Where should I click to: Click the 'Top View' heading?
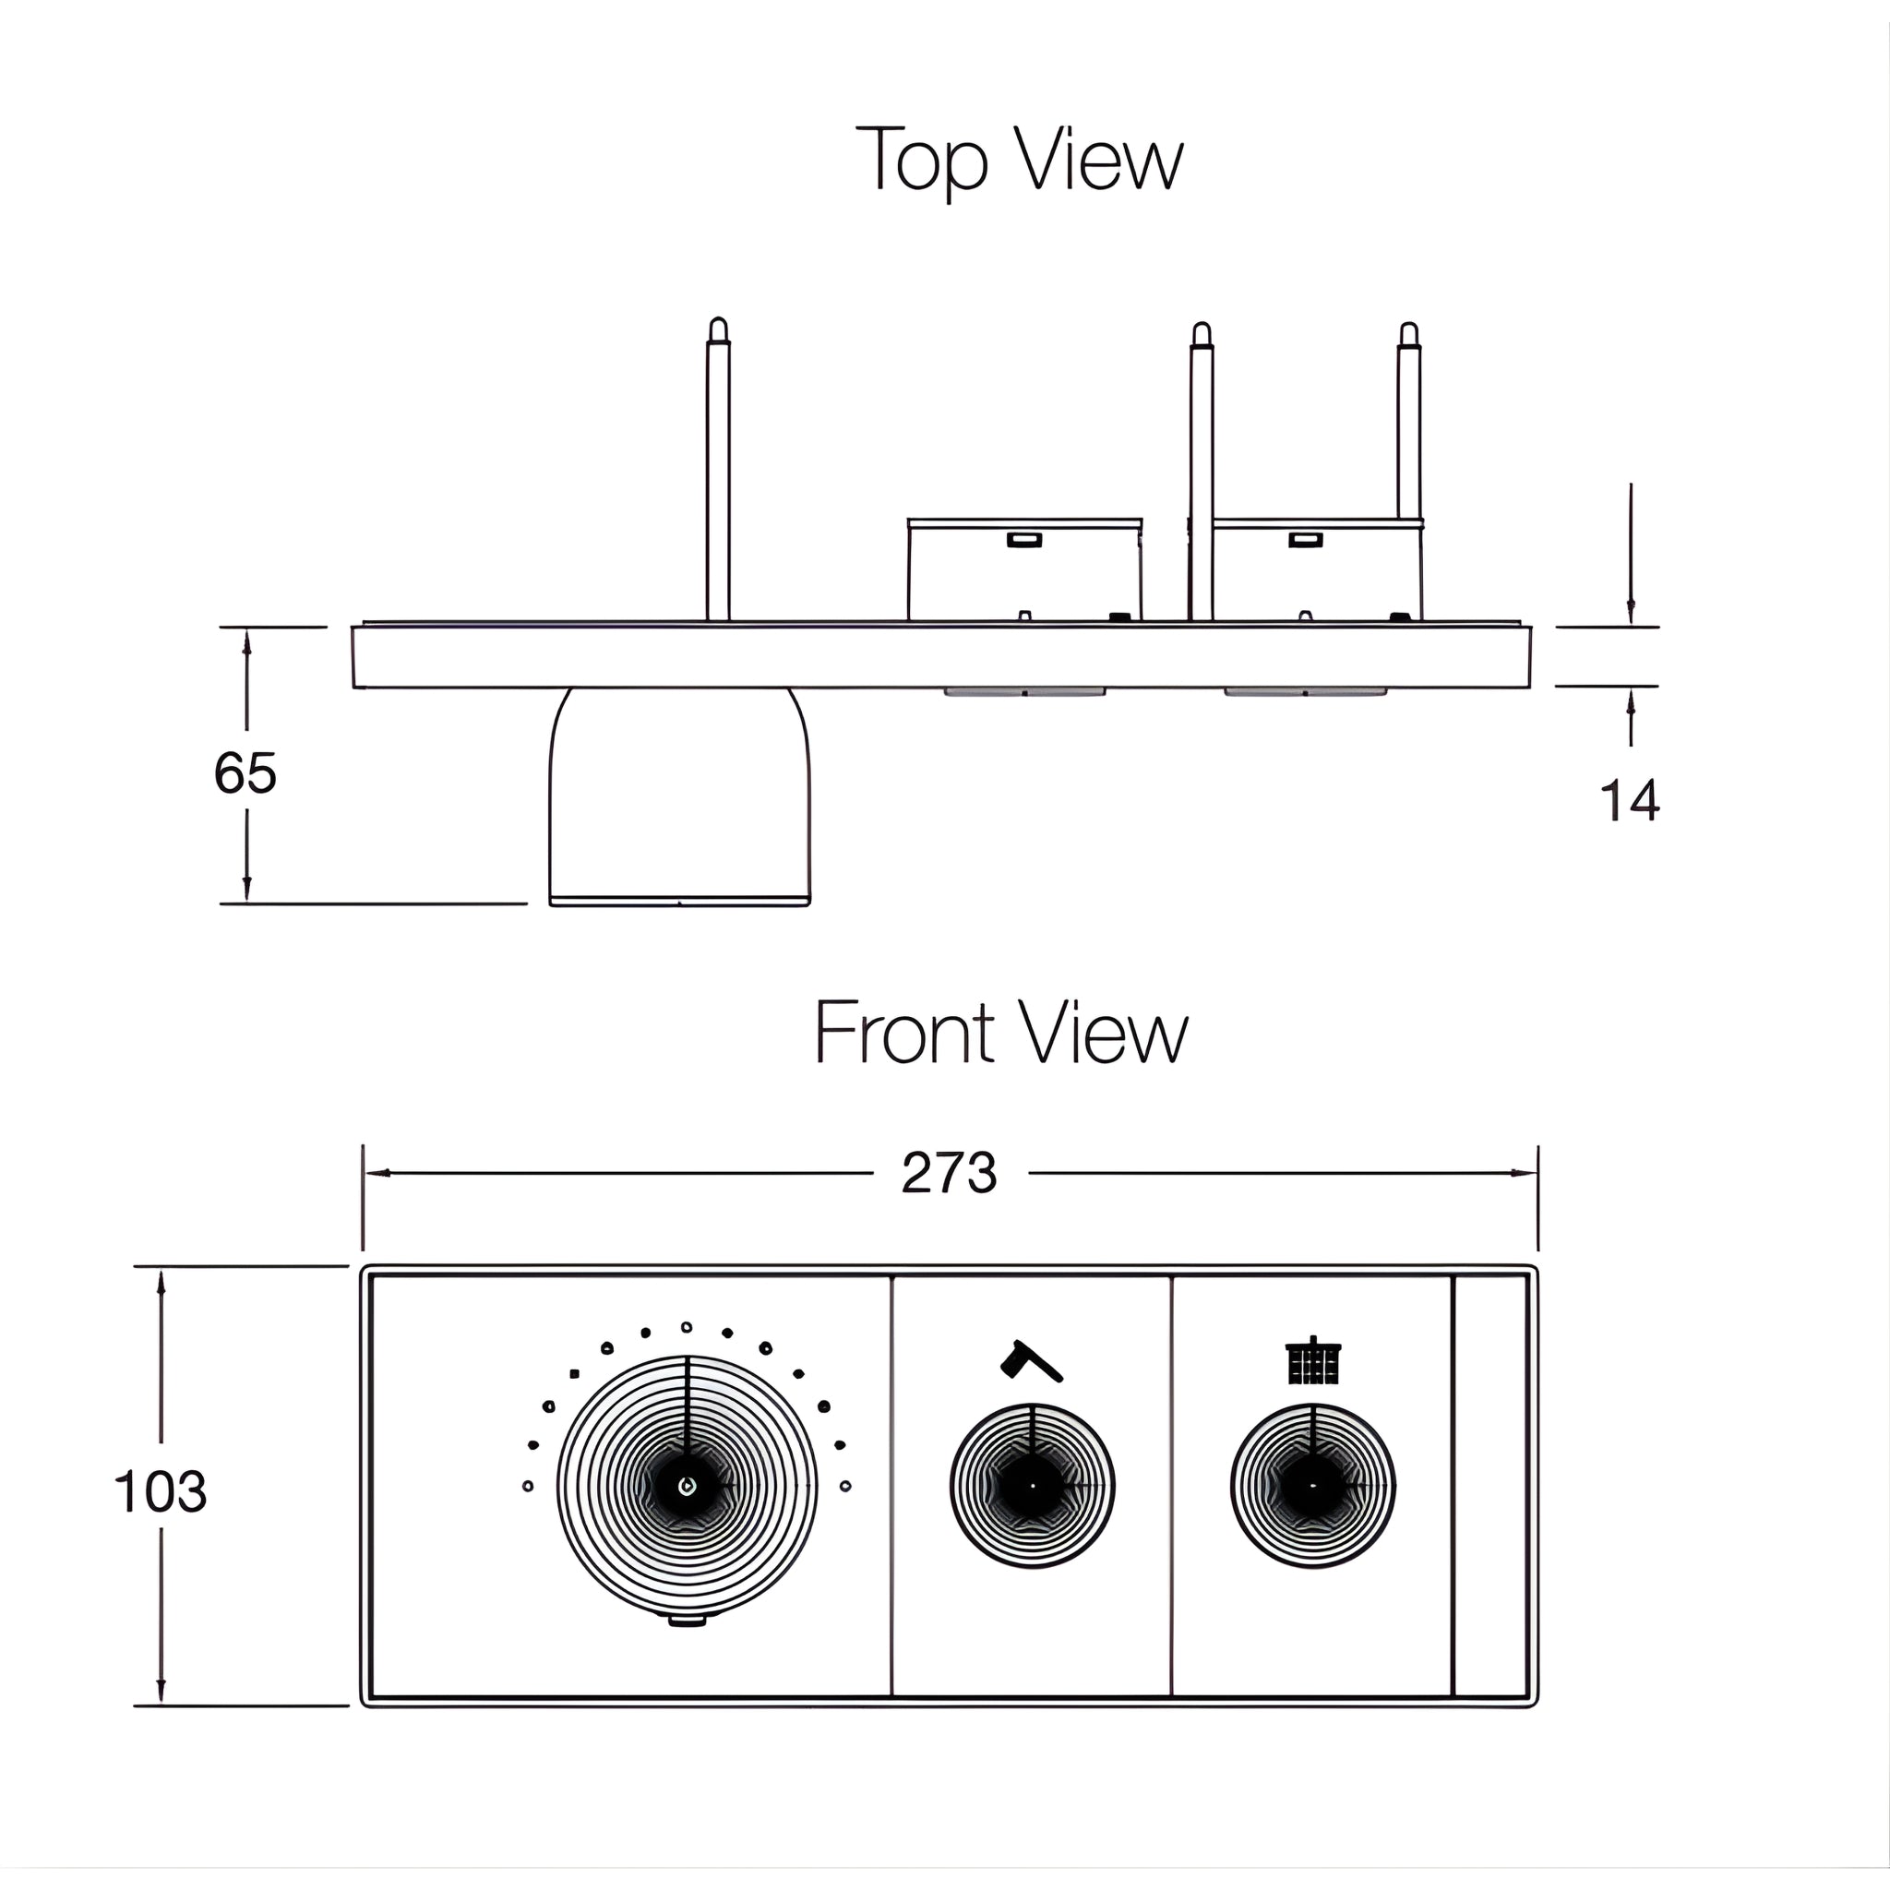tap(1020, 160)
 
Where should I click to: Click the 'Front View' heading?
tap(1000, 1033)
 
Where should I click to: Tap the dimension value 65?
tap(245, 773)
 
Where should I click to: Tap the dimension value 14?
tap(1629, 801)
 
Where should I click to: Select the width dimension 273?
tap(949, 1173)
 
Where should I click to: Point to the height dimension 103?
tap(161, 1492)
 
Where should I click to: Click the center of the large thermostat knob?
tap(687, 1486)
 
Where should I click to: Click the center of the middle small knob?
tap(1032, 1486)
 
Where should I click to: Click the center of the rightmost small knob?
tap(1313, 1486)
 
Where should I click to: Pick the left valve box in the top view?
tap(1024, 570)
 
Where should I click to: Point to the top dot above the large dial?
tap(687, 1327)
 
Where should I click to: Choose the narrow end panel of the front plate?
tap(1491, 1486)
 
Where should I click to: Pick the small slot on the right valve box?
tap(1305, 539)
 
